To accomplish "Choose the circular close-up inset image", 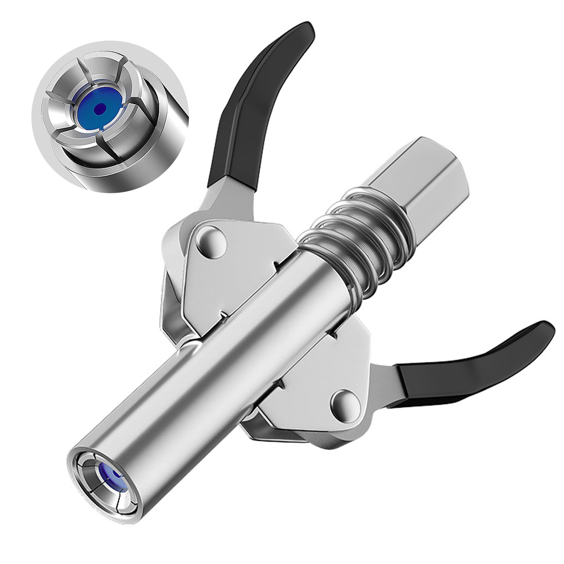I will [109, 116].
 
